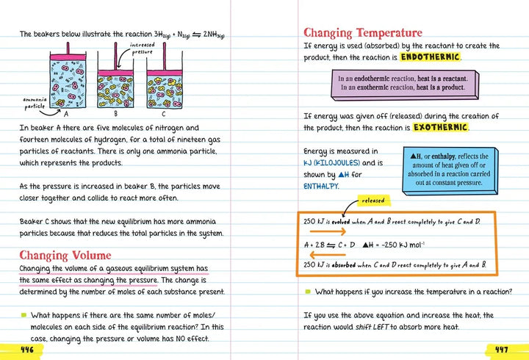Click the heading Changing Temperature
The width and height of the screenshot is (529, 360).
(x=363, y=33)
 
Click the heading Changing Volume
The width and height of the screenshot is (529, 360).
(x=65, y=255)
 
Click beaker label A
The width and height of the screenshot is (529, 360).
(x=67, y=114)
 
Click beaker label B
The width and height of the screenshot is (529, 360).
(x=115, y=114)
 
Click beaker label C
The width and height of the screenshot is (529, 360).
(x=163, y=114)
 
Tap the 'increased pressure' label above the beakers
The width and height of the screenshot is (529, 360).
(x=142, y=49)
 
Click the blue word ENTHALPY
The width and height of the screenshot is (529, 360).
(x=321, y=187)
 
